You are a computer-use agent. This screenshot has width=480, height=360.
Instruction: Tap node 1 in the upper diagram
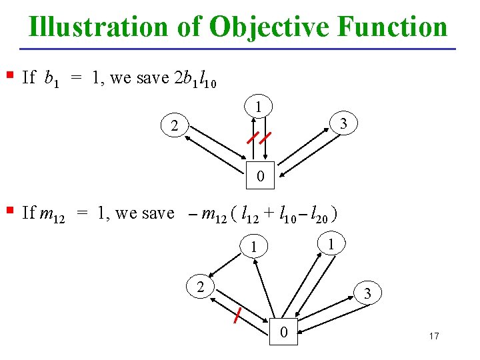tap(257, 107)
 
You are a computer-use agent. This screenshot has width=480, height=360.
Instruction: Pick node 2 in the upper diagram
tap(174, 126)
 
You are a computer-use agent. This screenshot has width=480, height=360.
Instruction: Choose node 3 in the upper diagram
tap(343, 124)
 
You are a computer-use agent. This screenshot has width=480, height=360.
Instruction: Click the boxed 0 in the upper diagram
tap(261, 175)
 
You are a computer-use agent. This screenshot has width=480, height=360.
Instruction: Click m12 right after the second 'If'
tap(53, 215)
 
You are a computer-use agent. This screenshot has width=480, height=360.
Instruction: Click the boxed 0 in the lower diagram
tap(284, 331)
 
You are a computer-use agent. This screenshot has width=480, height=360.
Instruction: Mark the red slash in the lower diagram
tap(237, 314)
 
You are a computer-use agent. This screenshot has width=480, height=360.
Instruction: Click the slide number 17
tap(434, 335)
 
